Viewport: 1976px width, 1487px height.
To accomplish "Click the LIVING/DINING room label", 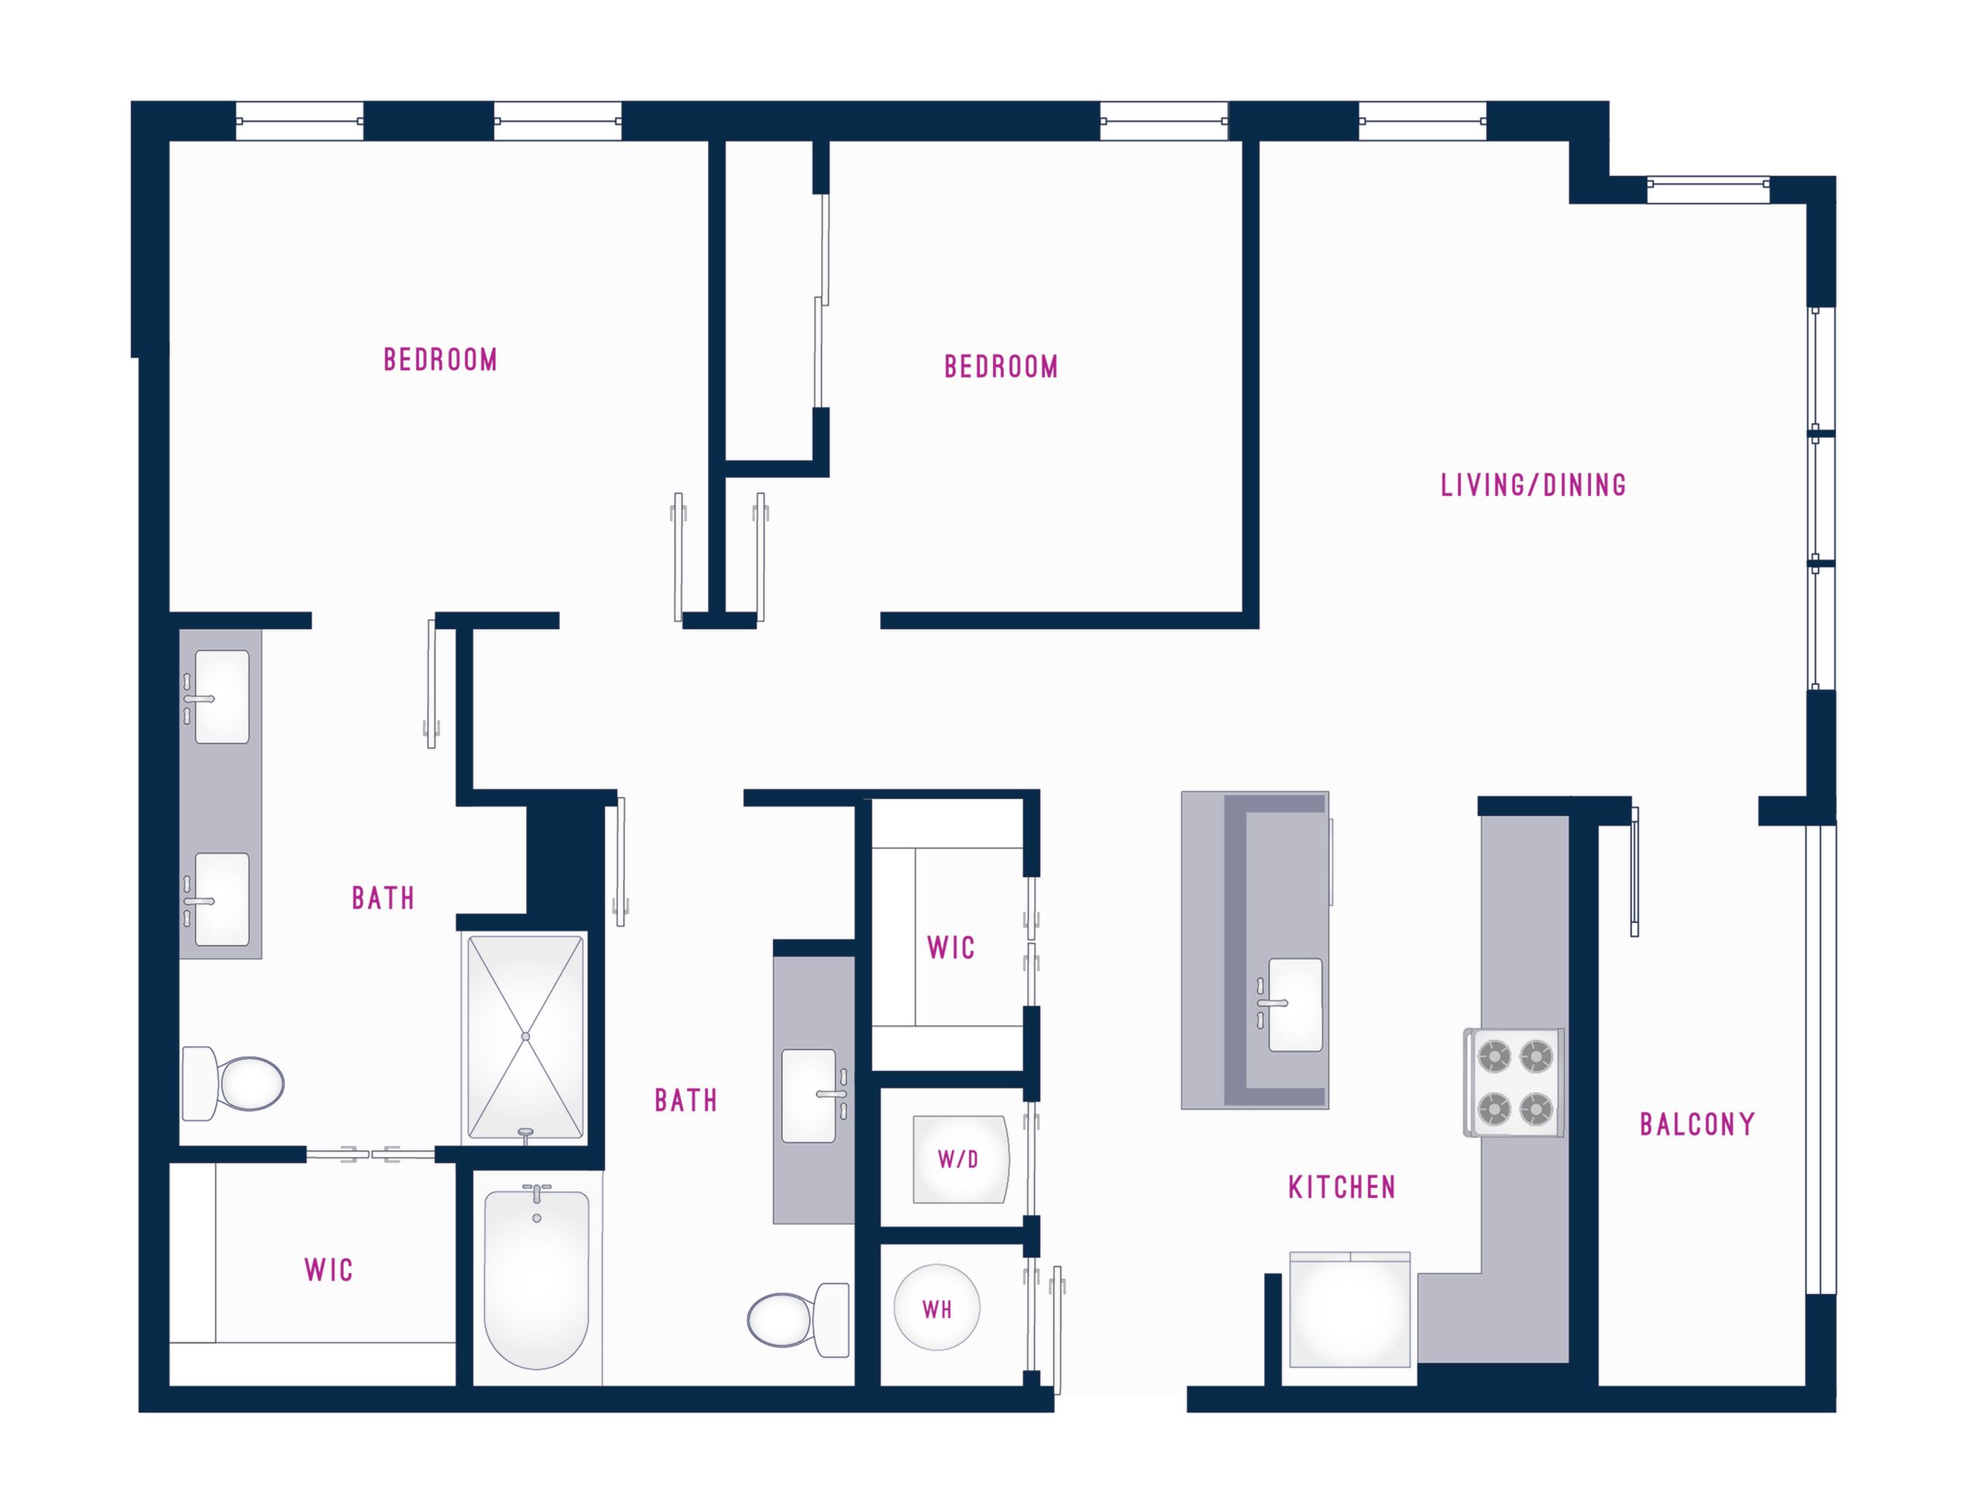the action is coord(1533,485).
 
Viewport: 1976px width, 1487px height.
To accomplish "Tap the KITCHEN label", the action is coord(1342,1187).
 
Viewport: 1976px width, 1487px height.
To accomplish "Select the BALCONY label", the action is coord(1697,1124).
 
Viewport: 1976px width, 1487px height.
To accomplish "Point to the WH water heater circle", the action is coord(937,1308).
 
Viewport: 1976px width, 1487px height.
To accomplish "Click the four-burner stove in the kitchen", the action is coord(1514,1083).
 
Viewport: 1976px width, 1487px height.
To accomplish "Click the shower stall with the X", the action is coord(525,1037).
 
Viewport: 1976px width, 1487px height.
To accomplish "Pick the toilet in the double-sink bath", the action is coord(233,1083).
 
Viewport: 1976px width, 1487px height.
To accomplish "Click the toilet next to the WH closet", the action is coord(799,1320).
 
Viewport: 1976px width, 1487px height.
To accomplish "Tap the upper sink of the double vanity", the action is coord(219,697).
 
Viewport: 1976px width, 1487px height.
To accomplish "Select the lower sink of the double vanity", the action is coord(219,899).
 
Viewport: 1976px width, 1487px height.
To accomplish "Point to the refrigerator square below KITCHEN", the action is coord(1350,1310).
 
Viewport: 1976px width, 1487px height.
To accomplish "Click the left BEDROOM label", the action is coord(441,360).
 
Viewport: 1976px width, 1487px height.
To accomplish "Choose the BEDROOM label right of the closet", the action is coord(1001,367).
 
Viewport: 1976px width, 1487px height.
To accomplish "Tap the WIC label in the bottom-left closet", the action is coord(328,1269).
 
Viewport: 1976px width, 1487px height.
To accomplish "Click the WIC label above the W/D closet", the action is coord(950,947).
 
